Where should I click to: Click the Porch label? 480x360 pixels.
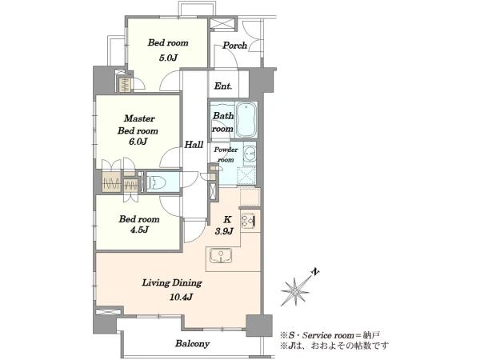click(x=234, y=46)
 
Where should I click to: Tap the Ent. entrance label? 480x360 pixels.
click(x=223, y=86)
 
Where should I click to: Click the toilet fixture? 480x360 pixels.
click(x=156, y=183)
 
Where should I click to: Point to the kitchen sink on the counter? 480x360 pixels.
click(x=221, y=256)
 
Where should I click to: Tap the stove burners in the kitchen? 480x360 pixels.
click(x=248, y=221)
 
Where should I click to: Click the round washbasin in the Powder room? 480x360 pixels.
click(x=250, y=152)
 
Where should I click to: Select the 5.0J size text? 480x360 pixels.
click(x=168, y=58)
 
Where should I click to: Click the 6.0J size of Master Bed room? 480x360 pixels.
click(x=138, y=142)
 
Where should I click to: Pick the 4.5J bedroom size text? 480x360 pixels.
click(x=139, y=230)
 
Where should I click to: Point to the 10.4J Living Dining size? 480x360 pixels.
click(x=181, y=297)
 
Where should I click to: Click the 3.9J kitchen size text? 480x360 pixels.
click(x=224, y=230)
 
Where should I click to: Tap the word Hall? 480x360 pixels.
click(x=194, y=145)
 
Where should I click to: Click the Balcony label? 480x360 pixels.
click(x=192, y=343)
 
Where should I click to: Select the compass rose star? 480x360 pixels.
click(x=294, y=292)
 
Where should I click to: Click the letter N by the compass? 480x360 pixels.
click(x=315, y=271)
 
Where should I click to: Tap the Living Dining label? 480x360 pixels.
click(x=172, y=283)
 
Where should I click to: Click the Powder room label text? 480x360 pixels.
click(x=226, y=154)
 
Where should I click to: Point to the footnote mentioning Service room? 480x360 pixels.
click(x=330, y=335)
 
